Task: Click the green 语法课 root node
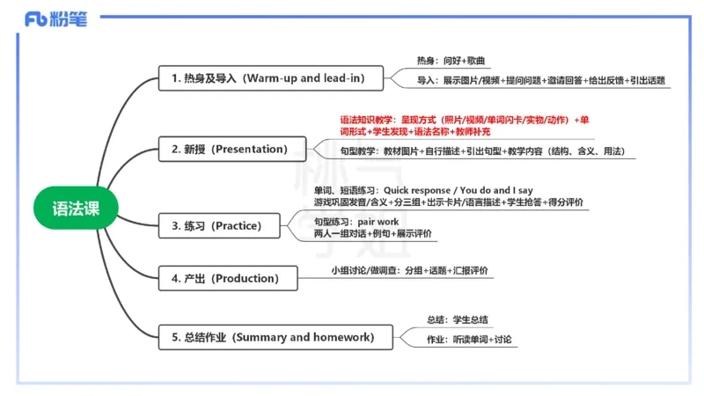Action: (76, 209)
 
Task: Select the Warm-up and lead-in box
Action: (273, 78)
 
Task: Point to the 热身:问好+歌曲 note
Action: (451, 61)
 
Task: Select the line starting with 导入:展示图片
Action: (541, 81)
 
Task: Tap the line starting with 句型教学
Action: (481, 151)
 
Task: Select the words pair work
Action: (378, 222)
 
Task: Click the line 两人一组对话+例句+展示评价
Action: (372, 234)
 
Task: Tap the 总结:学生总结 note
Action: (458, 319)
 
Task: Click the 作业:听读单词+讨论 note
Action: (469, 339)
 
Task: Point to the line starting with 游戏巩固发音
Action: (448, 202)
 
